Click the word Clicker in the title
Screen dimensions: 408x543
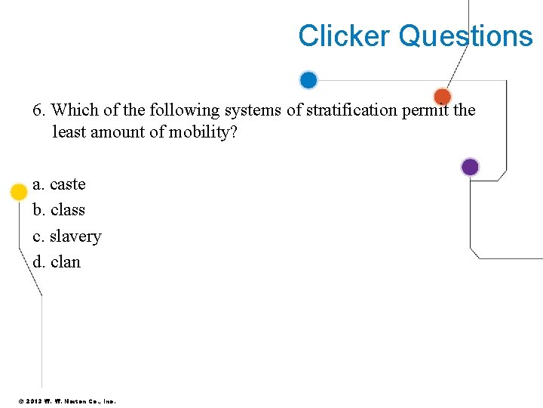tap(344, 36)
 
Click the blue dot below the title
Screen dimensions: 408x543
tap(308, 80)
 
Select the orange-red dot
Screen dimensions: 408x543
tap(443, 97)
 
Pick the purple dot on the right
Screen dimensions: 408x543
tap(470, 167)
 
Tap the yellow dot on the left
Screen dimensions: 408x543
tap(19, 192)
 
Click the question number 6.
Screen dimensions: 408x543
tap(38, 110)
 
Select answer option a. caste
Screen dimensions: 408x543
tap(60, 184)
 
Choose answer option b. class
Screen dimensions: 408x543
tap(60, 210)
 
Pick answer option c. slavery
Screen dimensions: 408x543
tap(67, 236)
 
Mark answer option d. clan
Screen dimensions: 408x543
tap(57, 262)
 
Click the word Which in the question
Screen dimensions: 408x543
tap(73, 110)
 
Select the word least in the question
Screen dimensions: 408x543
tap(69, 132)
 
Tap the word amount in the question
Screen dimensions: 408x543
tap(123, 132)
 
